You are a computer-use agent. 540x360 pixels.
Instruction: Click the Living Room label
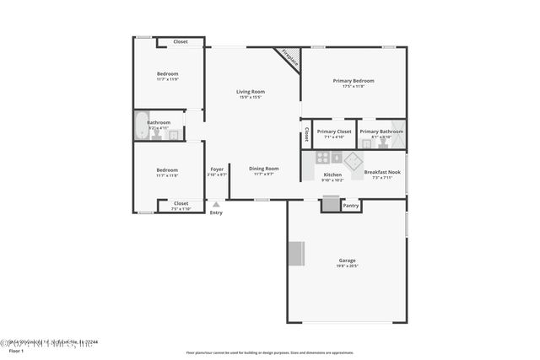pyautogui.click(x=250, y=91)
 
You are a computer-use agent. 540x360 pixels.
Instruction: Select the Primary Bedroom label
pyautogui.click(x=353, y=81)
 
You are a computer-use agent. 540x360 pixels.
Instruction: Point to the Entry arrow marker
pyautogui.click(x=216, y=204)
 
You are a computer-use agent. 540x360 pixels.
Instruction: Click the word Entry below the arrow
pyautogui.click(x=216, y=212)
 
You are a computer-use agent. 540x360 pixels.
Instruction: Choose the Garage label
pyautogui.click(x=347, y=260)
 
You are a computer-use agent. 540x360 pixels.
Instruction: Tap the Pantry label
pyautogui.click(x=351, y=206)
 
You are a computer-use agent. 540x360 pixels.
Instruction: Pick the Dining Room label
pyautogui.click(x=263, y=168)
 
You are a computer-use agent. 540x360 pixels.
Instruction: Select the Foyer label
pyautogui.click(x=217, y=169)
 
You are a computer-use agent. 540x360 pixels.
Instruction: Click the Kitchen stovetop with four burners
pyautogui.click(x=323, y=158)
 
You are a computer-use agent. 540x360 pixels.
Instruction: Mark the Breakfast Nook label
pyautogui.click(x=382, y=172)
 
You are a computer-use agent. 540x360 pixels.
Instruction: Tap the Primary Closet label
pyautogui.click(x=333, y=132)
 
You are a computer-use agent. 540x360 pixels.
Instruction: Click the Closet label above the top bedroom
pyautogui.click(x=181, y=41)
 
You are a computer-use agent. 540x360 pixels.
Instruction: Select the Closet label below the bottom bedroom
pyautogui.click(x=181, y=203)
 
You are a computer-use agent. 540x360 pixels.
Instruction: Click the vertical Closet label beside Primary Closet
pyautogui.click(x=306, y=135)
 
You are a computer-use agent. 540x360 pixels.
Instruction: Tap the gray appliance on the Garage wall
pyautogui.click(x=296, y=253)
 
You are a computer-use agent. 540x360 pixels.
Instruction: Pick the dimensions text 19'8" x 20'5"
pyautogui.click(x=347, y=266)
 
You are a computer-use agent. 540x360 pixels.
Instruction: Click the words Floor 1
pyautogui.click(x=17, y=351)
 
